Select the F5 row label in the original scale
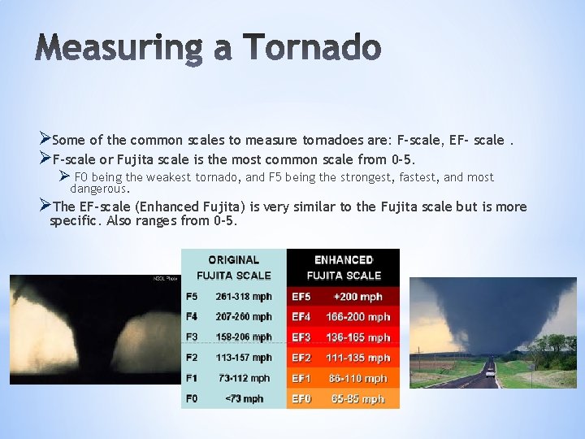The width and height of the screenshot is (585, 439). point(192,297)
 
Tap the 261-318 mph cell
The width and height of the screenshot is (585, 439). point(244,297)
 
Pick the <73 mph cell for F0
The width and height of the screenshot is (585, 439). point(244,398)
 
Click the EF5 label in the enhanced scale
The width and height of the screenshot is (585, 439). point(301,297)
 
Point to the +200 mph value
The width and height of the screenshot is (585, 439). point(357,297)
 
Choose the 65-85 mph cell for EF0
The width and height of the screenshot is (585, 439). point(357,398)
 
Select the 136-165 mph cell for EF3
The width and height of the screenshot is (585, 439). point(357,337)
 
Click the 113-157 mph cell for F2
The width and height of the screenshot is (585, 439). point(244,358)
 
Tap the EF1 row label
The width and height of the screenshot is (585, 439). point(301,378)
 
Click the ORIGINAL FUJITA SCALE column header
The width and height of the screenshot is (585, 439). point(233,267)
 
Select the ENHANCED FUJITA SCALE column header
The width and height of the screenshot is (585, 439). point(344,267)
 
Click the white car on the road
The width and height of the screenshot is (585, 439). point(490,373)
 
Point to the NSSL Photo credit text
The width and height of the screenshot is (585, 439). point(166,279)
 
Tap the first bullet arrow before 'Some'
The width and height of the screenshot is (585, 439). point(45,140)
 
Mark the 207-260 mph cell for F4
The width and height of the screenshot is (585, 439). point(244,317)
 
